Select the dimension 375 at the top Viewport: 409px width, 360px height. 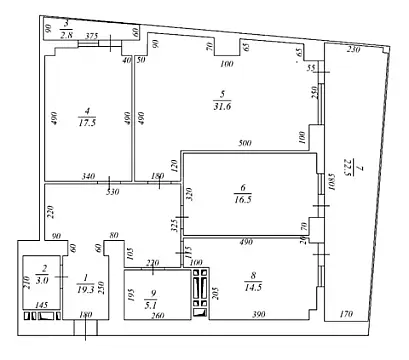coord(91,35)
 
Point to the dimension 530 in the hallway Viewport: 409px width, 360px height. coord(112,190)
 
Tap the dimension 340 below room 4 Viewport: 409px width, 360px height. coord(88,176)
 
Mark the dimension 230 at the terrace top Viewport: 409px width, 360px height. coord(353,49)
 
